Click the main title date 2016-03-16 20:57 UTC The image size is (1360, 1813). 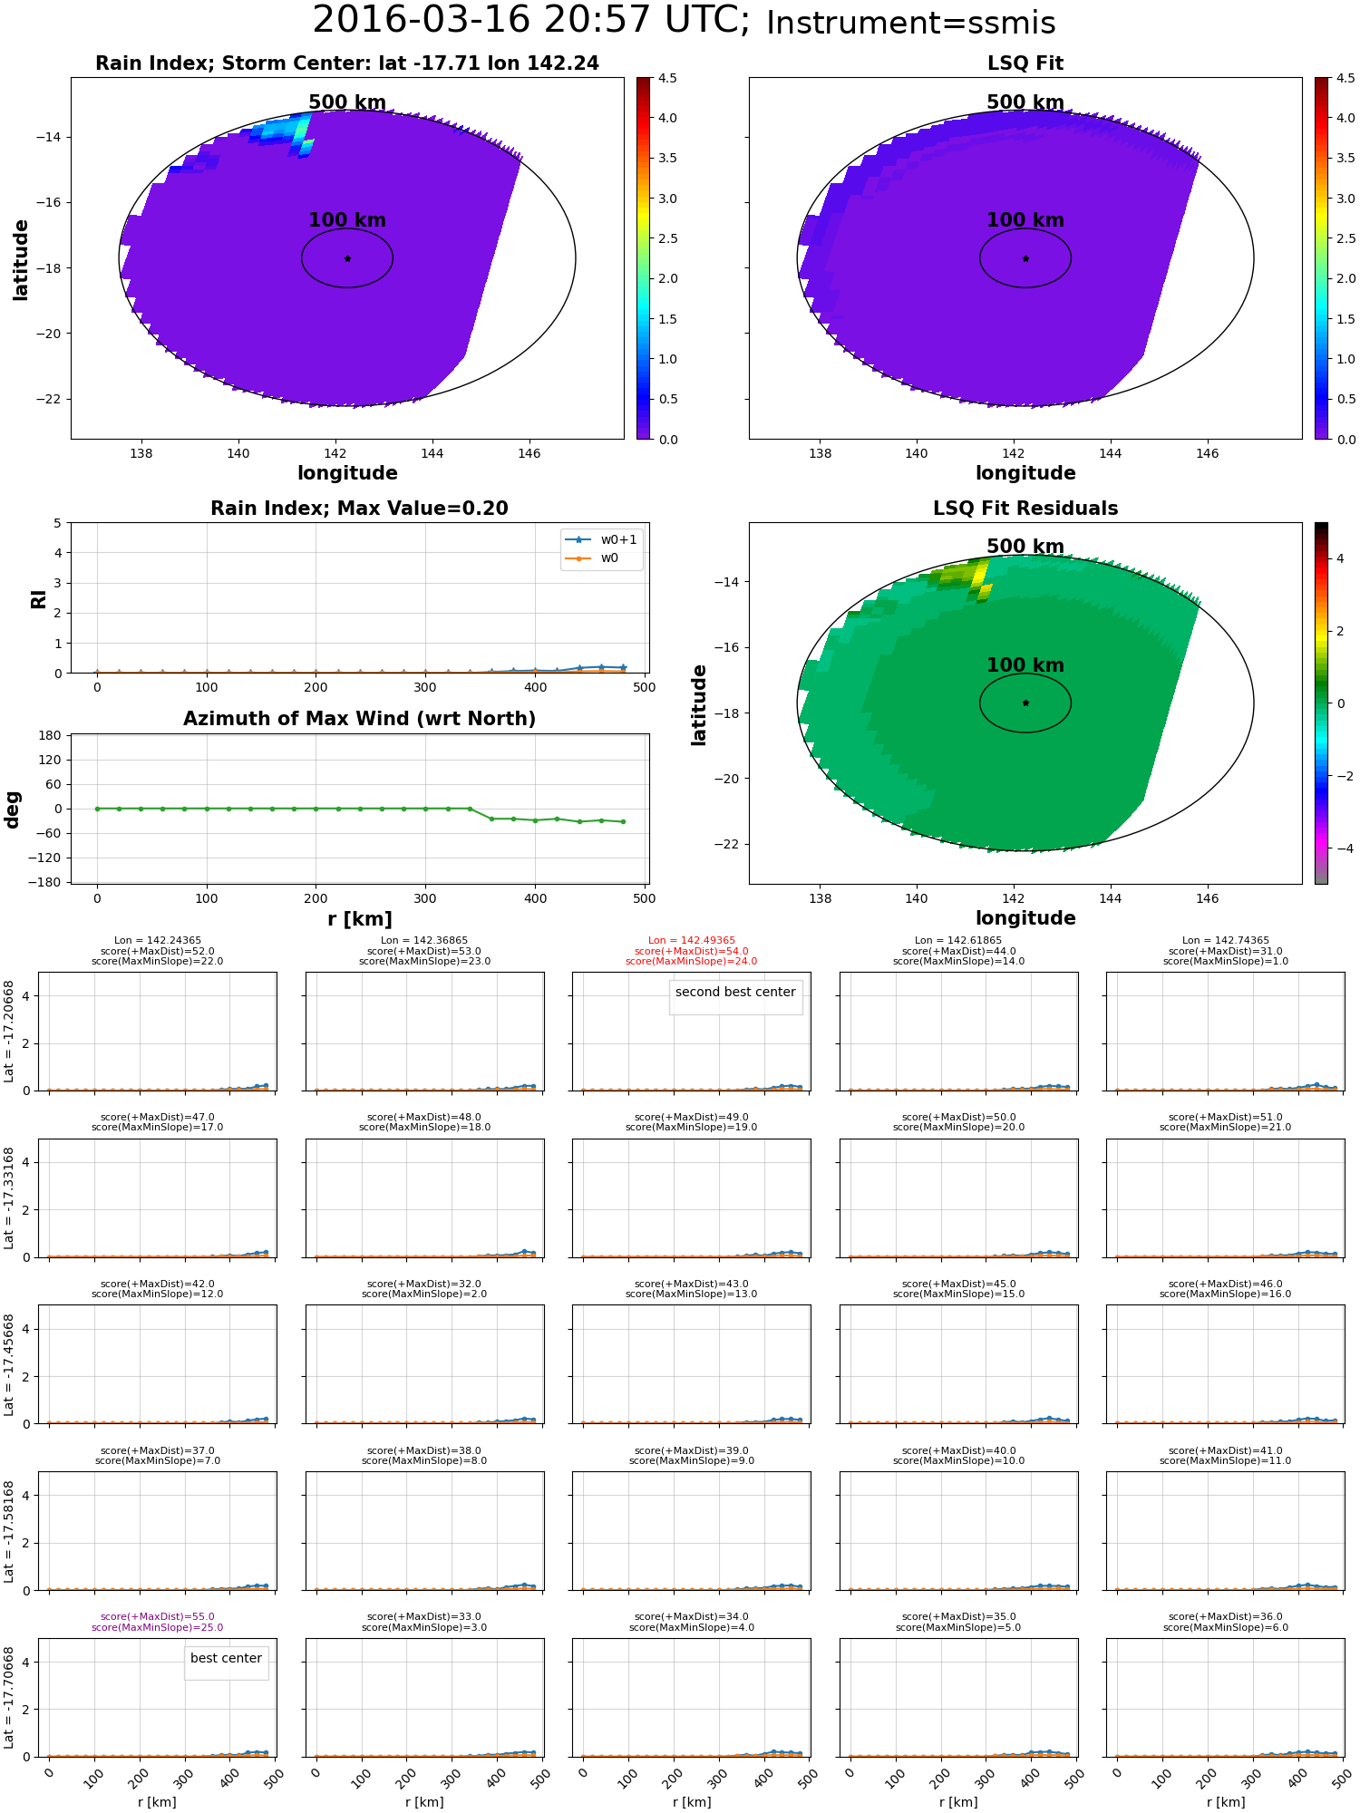coord(531,20)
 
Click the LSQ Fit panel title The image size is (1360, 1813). coord(1025,63)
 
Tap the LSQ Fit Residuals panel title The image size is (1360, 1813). coord(1025,509)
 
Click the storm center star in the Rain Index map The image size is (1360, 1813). coord(347,258)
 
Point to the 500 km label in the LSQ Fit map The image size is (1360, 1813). coord(1025,102)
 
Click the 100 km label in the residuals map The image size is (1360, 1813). coord(1025,665)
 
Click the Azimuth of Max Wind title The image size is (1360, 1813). coord(360,719)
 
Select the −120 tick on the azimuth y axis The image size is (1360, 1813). coord(45,858)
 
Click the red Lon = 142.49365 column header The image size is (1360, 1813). coord(692,941)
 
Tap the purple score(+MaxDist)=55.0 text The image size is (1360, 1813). coord(158,1617)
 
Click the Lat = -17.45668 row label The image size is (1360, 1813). coord(9,1364)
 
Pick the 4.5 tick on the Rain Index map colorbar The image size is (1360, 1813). coord(667,78)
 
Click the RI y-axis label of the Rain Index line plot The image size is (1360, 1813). coord(38,598)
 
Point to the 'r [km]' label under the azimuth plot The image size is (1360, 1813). coord(360,919)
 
